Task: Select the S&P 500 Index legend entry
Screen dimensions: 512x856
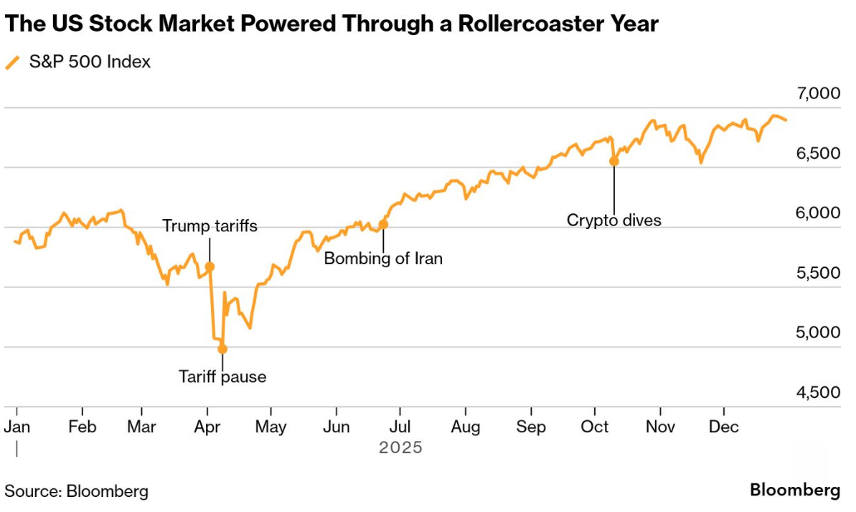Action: click(x=89, y=62)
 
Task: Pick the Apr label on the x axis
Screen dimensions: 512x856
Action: click(x=206, y=426)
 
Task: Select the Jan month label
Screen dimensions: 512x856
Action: click(x=17, y=426)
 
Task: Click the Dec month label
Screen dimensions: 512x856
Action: click(x=723, y=426)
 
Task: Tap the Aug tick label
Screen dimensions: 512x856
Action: click(x=465, y=426)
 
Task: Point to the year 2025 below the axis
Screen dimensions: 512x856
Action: click(x=400, y=447)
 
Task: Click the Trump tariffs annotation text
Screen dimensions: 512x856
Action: click(x=210, y=226)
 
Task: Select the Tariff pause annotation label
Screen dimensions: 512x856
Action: click(x=222, y=377)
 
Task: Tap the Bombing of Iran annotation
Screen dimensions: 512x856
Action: click(x=383, y=258)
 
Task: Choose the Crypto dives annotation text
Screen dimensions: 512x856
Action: click(x=614, y=220)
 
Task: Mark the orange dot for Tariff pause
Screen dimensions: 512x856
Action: click(x=222, y=349)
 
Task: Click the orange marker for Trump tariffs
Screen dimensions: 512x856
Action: click(x=210, y=267)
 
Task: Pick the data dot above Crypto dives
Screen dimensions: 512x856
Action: click(x=614, y=160)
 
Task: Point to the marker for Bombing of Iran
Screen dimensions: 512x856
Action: click(x=383, y=225)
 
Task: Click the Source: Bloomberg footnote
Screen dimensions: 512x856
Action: click(x=76, y=491)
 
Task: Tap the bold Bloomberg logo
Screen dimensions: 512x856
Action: click(x=795, y=490)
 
